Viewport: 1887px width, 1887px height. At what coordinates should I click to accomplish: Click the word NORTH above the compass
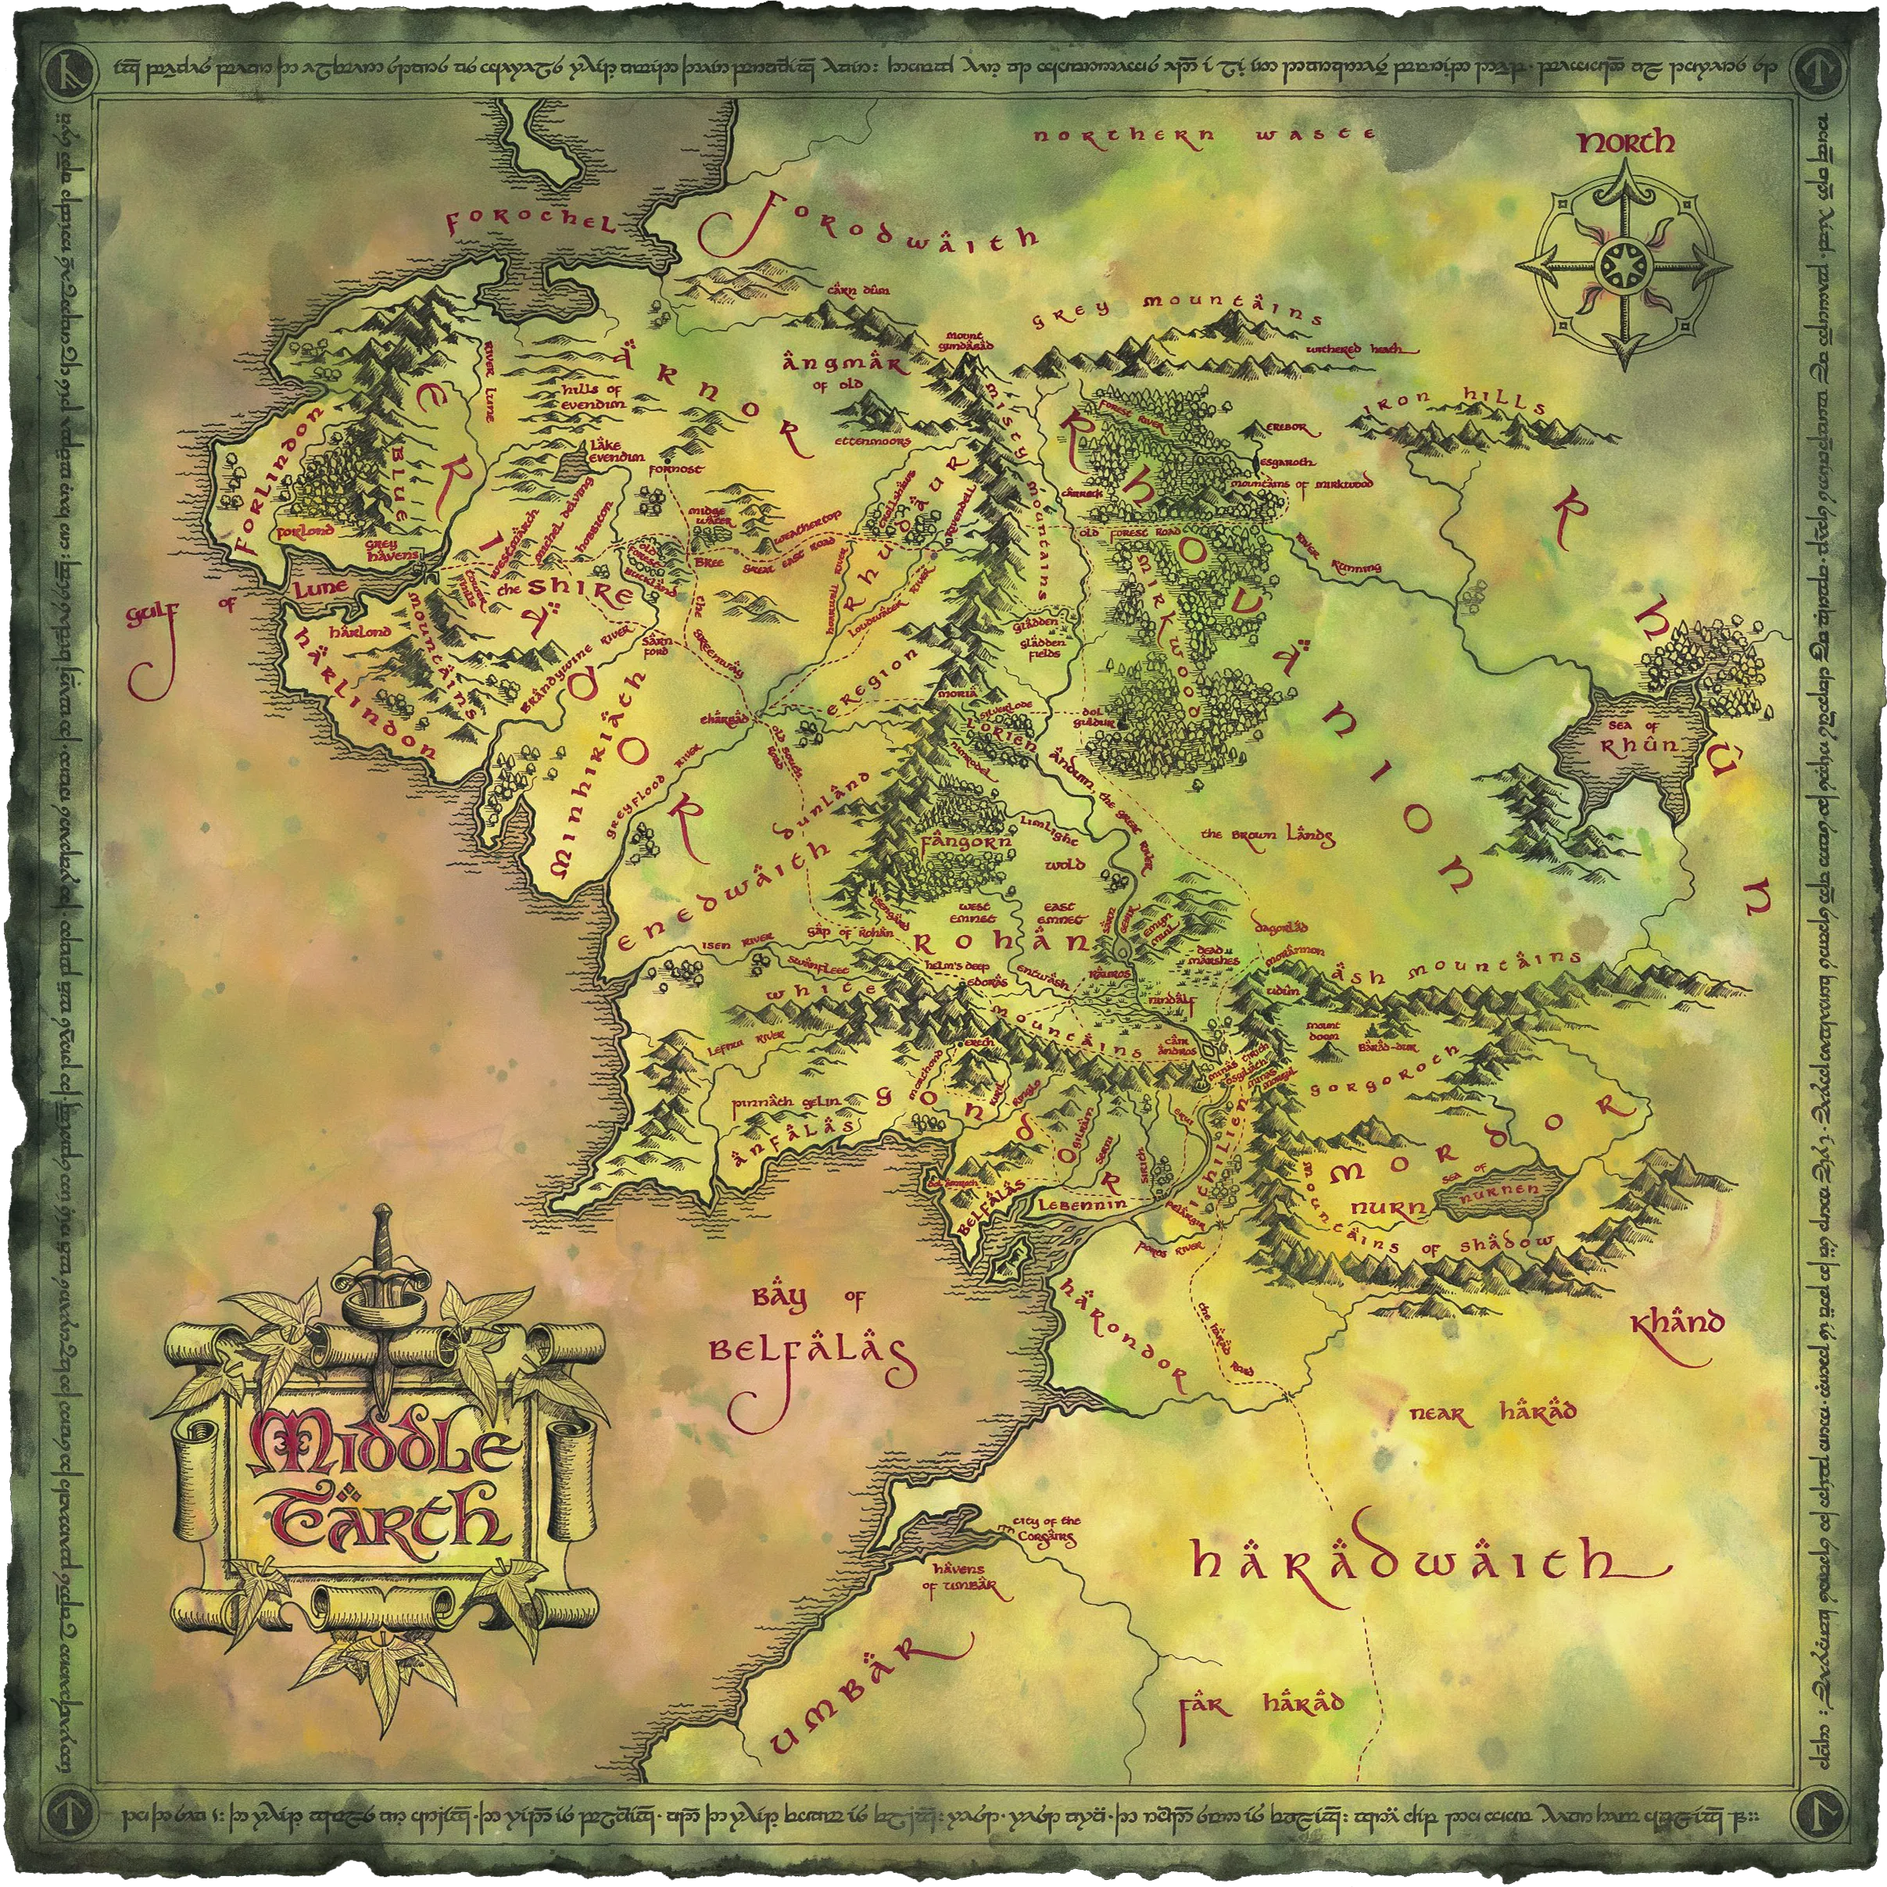pos(1625,144)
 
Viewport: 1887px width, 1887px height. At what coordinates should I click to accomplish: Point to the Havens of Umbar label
pos(959,1579)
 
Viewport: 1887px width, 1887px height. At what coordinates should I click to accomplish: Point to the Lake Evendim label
pos(615,450)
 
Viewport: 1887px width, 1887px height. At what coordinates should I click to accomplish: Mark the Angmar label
pos(844,364)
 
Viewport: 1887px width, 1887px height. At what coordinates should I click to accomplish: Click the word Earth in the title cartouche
pos(388,1520)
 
